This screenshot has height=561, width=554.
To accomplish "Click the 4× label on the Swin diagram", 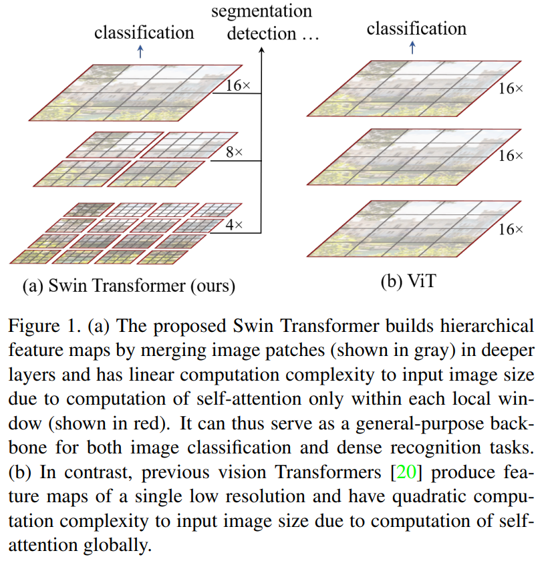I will (x=233, y=225).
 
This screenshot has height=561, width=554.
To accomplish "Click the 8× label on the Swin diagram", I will (x=234, y=153).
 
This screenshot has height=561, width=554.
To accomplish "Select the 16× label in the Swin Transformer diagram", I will (x=239, y=85).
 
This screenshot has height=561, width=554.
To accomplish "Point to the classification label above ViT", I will (x=416, y=28).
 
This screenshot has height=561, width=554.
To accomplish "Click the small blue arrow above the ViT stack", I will (x=412, y=47).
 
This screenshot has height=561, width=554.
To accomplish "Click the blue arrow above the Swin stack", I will (x=140, y=52).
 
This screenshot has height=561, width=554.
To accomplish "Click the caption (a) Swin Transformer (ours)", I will (x=129, y=287).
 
